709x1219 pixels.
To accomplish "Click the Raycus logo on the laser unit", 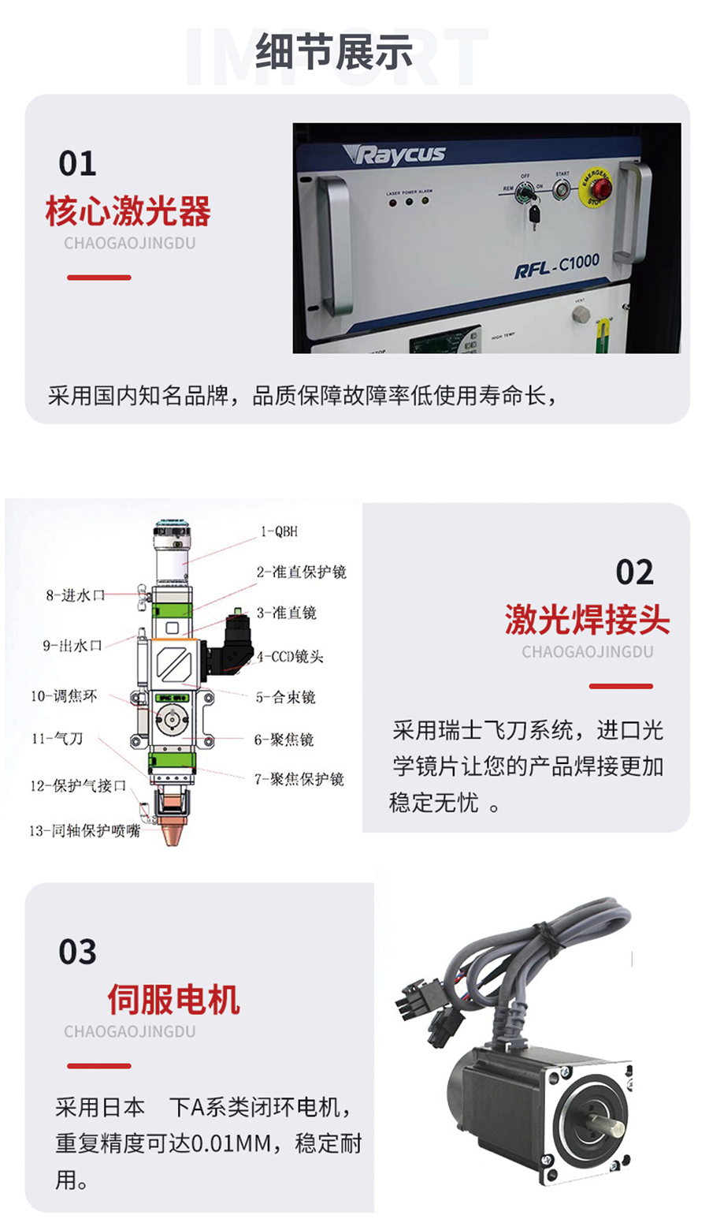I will pyautogui.click(x=399, y=154).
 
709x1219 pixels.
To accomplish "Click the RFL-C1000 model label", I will pyautogui.click(x=557, y=265).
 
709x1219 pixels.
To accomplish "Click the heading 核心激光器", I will pyautogui.click(x=128, y=211).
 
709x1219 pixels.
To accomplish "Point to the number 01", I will pyautogui.click(x=77, y=164).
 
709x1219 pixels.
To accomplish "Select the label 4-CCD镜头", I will pyautogui.click(x=290, y=656).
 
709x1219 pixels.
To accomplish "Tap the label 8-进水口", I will pyautogui.click(x=76, y=595).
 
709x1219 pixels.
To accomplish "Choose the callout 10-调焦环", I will pyautogui.click(x=65, y=696).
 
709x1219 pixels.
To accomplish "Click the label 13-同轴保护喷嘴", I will pyautogui.click(x=85, y=831).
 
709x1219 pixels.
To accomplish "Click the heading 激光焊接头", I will pyautogui.click(x=588, y=621).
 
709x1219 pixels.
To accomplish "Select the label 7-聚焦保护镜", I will pyautogui.click(x=299, y=779).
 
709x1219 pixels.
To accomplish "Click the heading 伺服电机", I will pyautogui.click(x=174, y=1000).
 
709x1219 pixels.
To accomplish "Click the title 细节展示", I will pyautogui.click(x=334, y=54).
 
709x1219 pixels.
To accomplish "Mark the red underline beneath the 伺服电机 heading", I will pyautogui.click(x=99, y=1066).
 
